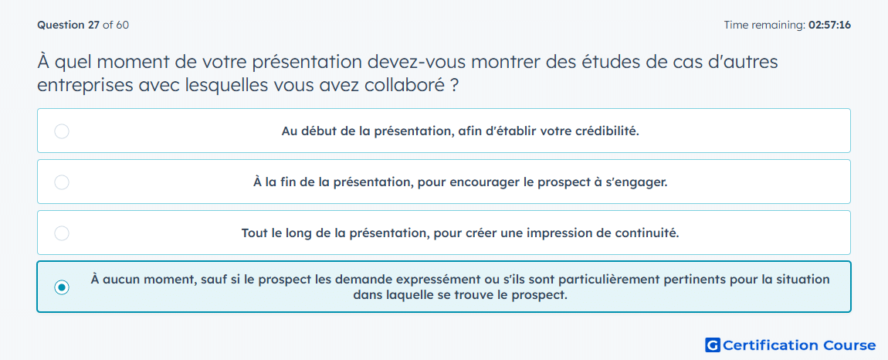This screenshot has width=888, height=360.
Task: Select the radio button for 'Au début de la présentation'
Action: click(62, 131)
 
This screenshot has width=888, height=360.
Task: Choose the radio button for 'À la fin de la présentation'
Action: click(62, 182)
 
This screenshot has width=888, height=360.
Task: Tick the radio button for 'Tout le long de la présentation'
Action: click(62, 233)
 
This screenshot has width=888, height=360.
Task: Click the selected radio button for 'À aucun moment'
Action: click(62, 287)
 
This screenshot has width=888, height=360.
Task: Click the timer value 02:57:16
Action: click(829, 25)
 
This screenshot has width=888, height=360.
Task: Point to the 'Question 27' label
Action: click(69, 25)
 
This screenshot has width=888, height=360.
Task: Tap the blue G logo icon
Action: click(713, 345)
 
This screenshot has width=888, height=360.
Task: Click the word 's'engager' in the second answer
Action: click(639, 183)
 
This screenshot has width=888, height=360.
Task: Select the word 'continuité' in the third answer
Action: click(649, 233)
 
